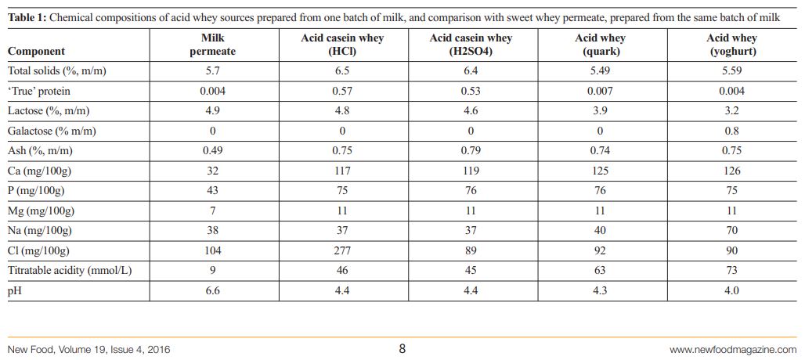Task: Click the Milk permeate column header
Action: tap(212, 45)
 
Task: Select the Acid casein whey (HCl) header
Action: tap(342, 45)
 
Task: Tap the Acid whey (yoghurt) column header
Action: tap(732, 45)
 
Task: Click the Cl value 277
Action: tap(342, 250)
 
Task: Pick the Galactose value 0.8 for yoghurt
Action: tap(732, 131)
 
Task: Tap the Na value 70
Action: tap(732, 230)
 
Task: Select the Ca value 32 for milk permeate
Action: tap(212, 171)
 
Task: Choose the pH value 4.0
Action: tap(732, 290)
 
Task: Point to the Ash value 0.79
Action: tap(471, 150)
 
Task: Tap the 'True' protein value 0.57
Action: tap(342, 91)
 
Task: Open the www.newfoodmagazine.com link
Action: tap(733, 349)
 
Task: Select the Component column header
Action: tap(36, 52)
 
